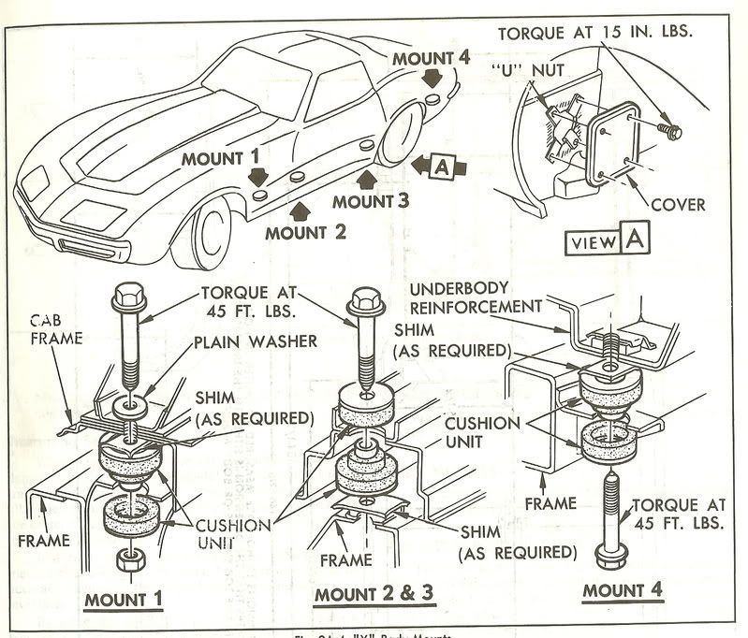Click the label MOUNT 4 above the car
coord(430,56)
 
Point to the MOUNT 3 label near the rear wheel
coord(371,199)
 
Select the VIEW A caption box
coord(605,241)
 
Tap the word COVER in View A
coord(679,204)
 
